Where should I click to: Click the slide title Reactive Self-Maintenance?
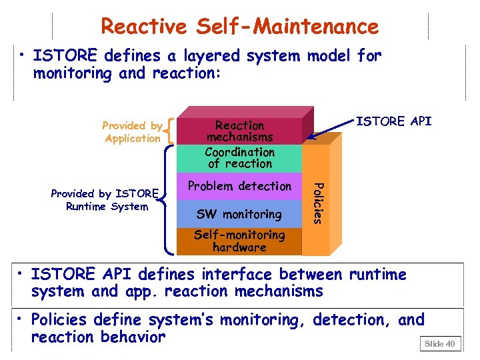pos(239,26)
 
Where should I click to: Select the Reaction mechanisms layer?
pos(239,131)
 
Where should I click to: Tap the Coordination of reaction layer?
pos(239,158)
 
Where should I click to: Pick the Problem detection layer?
pos(239,186)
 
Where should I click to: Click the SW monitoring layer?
pos(239,214)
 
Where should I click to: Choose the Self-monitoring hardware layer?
pos(239,241)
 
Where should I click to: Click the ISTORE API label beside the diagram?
pos(393,121)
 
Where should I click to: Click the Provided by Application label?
pos(132,132)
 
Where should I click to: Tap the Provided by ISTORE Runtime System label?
pos(104,200)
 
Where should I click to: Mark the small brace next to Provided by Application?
pos(173,131)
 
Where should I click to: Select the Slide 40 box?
pos(439,343)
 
